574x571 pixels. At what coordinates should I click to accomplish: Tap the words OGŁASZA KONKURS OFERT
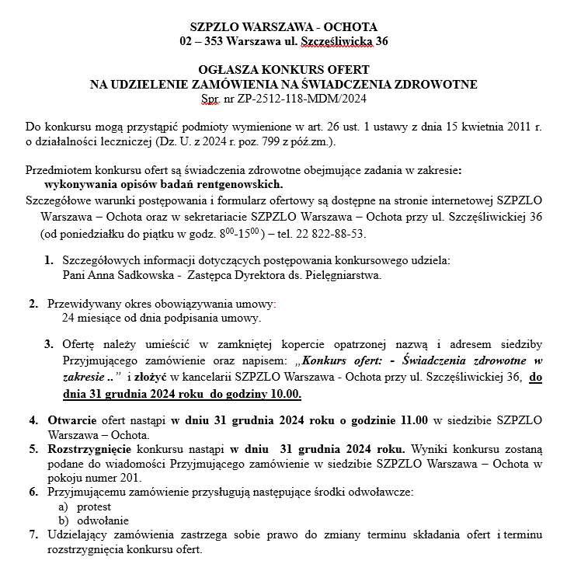point(284,69)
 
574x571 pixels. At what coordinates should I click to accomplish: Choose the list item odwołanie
point(102,521)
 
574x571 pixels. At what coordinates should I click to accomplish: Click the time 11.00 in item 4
point(413,420)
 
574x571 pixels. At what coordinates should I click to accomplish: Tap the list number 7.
point(33,535)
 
